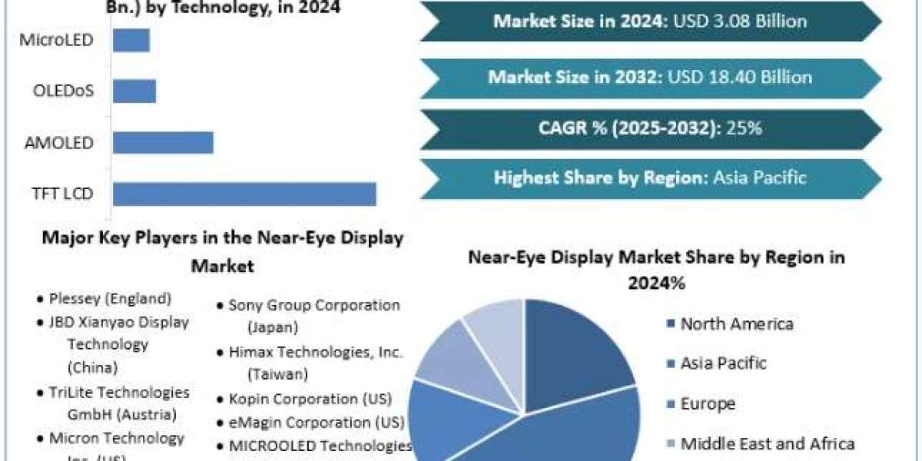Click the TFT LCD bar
[244, 194]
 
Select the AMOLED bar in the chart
[163, 143]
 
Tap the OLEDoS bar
[134, 91]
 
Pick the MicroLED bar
[131, 40]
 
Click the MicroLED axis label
[57, 40]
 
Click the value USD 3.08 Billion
[740, 21]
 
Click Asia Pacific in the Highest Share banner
[760, 178]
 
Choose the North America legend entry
[736, 323]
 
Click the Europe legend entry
[707, 403]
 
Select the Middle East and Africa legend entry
[767, 443]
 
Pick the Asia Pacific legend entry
[723, 363]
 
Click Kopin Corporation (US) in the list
[310, 400]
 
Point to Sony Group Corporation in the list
[314, 305]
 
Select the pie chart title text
[656, 269]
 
